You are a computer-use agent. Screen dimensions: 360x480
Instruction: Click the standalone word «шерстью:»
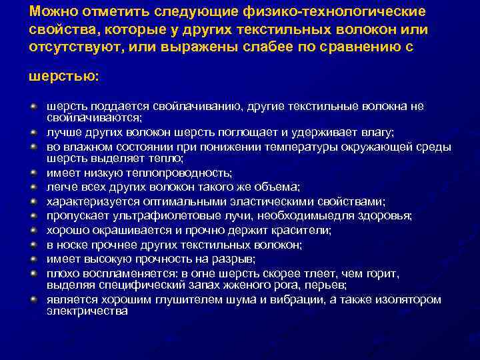(63, 77)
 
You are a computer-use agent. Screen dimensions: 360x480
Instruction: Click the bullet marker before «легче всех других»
(33, 186)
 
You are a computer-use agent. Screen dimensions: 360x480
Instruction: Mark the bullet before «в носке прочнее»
(33, 245)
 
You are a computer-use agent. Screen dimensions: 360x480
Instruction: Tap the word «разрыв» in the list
(234, 259)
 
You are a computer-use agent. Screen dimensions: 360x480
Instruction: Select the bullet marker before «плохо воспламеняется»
(33, 273)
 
